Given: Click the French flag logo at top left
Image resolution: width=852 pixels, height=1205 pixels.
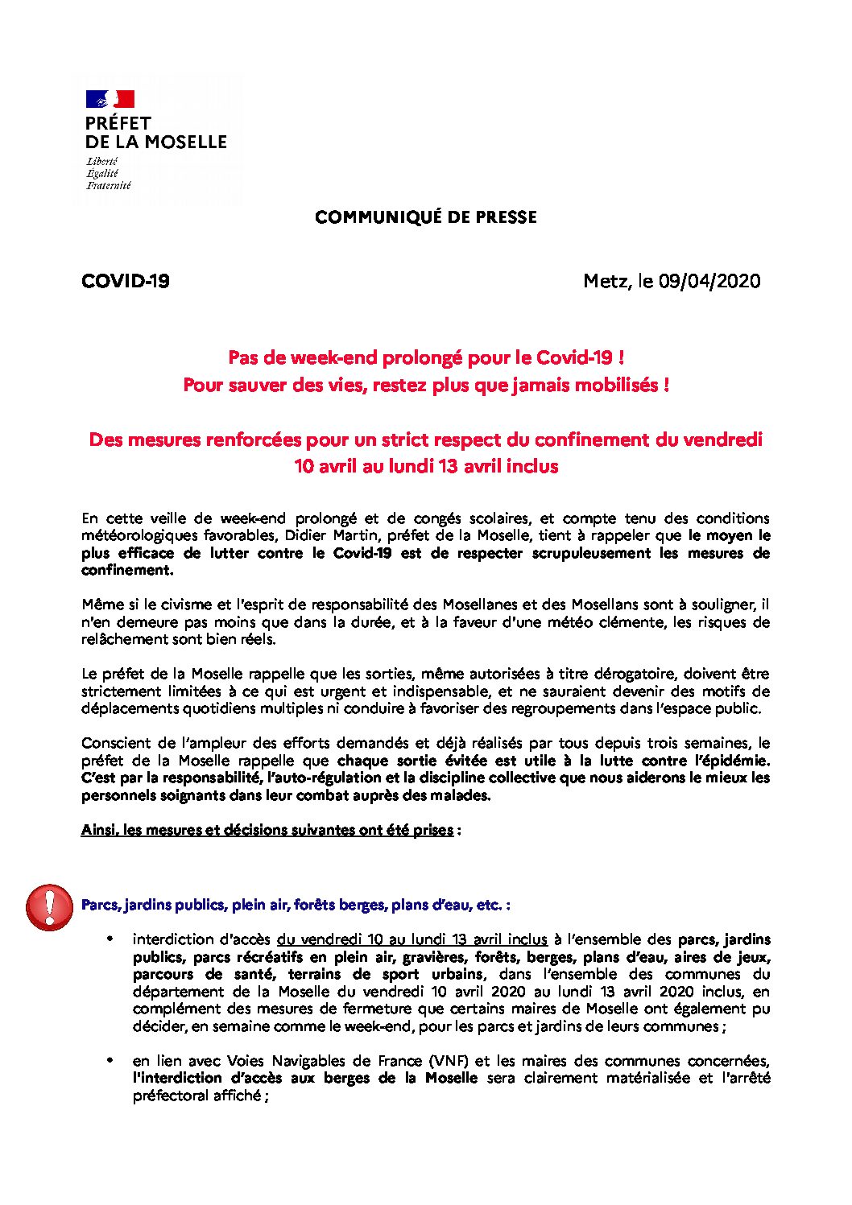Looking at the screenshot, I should pyautogui.click(x=110, y=99).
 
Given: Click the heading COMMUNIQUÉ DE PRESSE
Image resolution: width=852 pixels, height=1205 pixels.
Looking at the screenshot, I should pyautogui.click(x=425, y=217).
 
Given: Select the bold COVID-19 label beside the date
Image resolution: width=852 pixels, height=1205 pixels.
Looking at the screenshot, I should pyautogui.click(x=126, y=281).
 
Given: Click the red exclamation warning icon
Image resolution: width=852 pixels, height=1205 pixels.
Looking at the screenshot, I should pyautogui.click(x=49, y=907).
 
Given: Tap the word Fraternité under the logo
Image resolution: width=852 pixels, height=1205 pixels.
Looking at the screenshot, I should pyautogui.click(x=109, y=185).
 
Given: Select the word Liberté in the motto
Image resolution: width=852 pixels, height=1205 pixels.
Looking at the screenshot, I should pyautogui.click(x=102, y=162).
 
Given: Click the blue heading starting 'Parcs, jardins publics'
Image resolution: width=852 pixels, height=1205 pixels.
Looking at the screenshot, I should pyautogui.click(x=296, y=905).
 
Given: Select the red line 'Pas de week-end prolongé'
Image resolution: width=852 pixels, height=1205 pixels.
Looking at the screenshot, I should pyautogui.click(x=426, y=357).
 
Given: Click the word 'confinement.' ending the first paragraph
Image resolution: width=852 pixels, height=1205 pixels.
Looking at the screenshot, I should pyautogui.click(x=127, y=570).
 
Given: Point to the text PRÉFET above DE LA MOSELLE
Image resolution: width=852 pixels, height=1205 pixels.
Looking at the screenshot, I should pyautogui.click(x=118, y=123).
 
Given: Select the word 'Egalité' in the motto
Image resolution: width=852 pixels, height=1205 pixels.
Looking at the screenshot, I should pyautogui.click(x=102, y=173).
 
